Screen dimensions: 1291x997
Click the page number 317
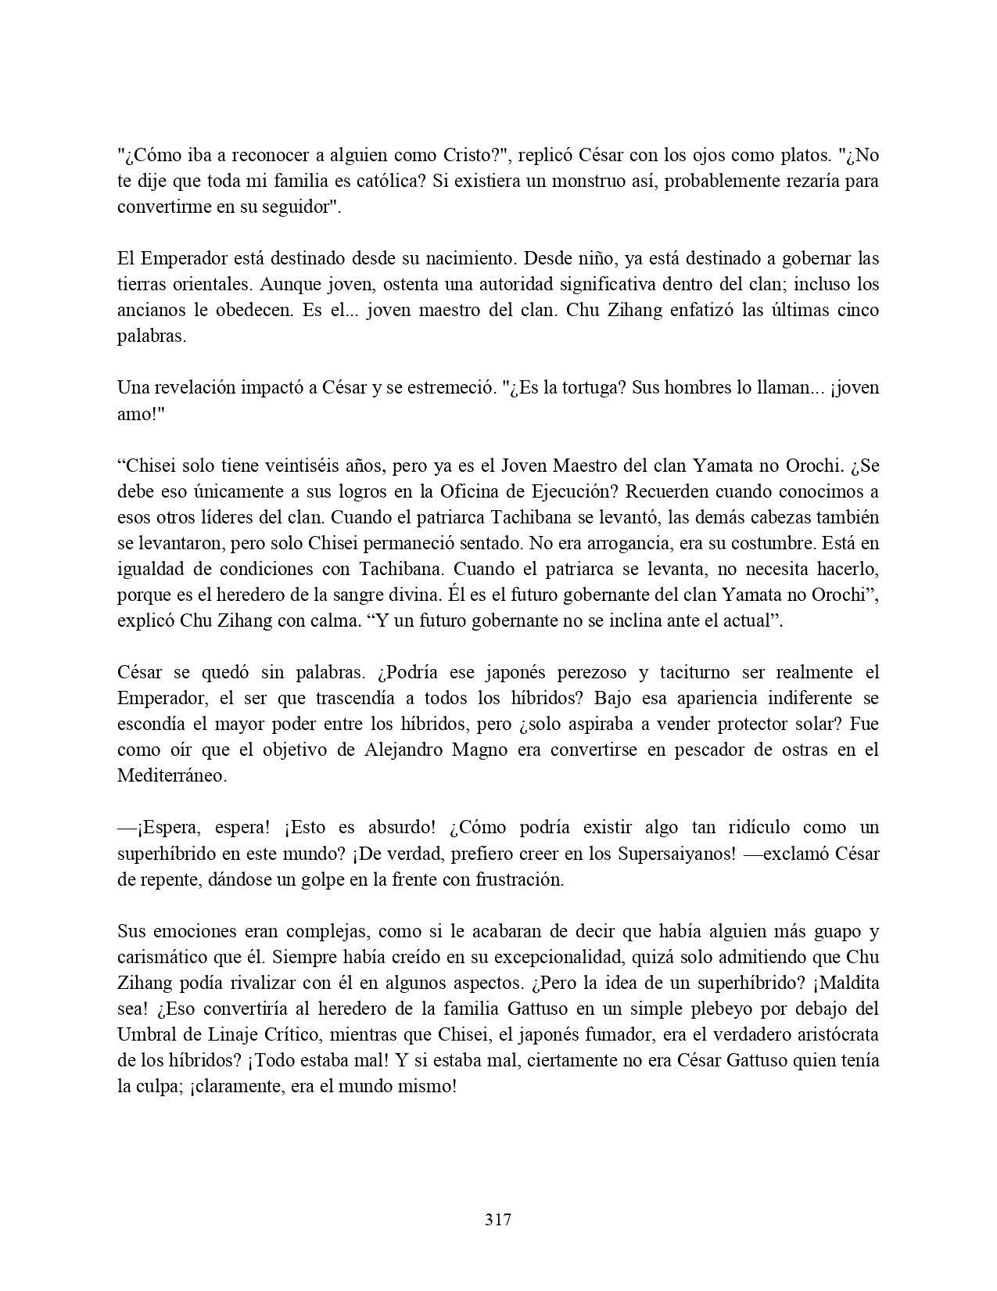498,1219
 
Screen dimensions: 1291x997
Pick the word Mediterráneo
171,775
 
